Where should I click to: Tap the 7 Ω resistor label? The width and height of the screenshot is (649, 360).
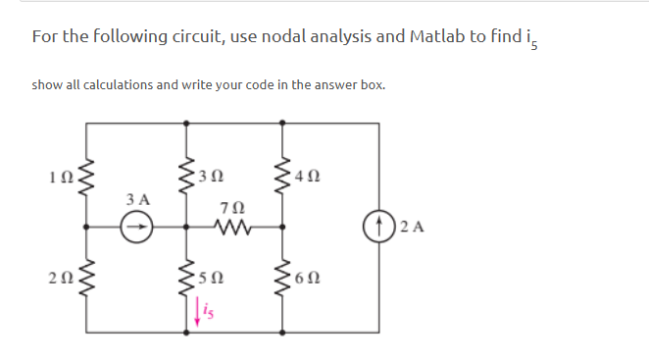[234, 208]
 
